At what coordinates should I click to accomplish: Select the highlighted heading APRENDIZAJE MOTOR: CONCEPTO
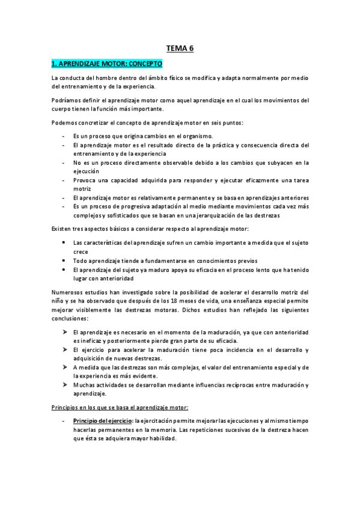click(x=107, y=63)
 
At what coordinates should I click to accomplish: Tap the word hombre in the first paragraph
click(x=114, y=78)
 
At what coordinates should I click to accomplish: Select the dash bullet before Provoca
click(x=64, y=180)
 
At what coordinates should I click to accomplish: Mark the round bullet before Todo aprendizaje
click(x=64, y=260)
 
